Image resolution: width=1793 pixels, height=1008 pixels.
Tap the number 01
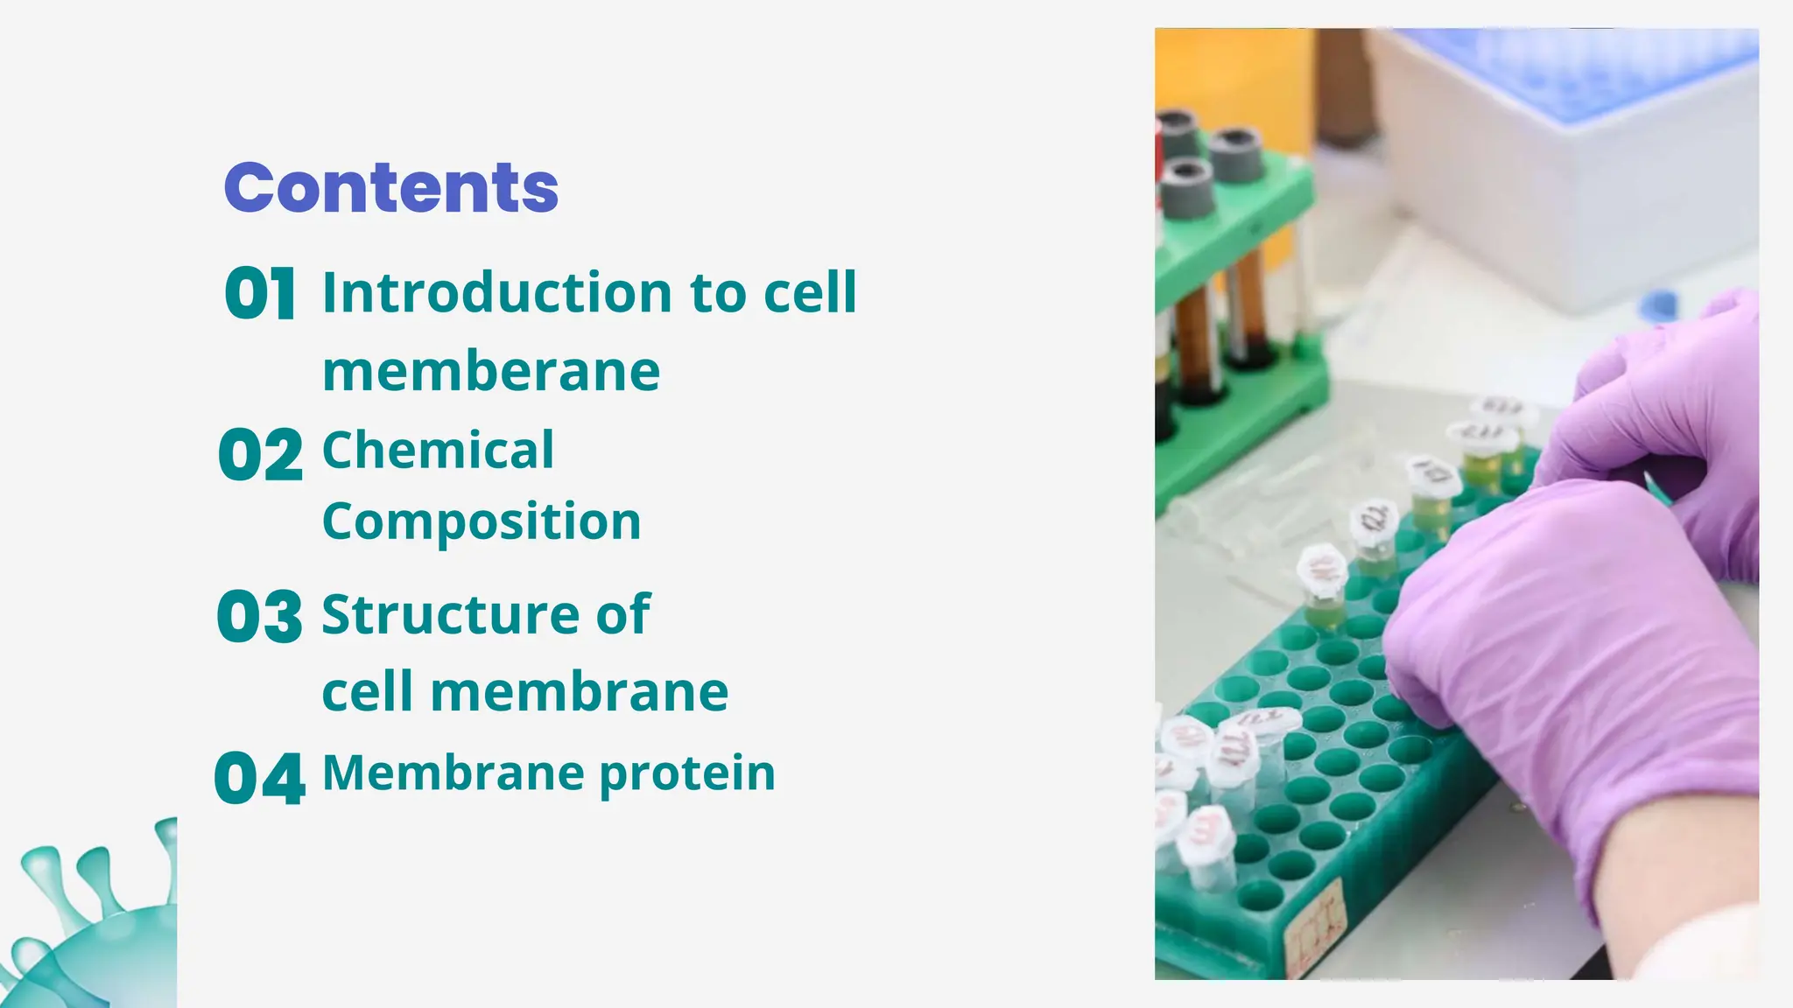point(260,293)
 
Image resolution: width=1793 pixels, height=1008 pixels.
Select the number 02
point(260,455)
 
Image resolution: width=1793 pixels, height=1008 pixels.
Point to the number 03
point(260,616)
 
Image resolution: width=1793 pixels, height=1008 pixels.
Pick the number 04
point(260,778)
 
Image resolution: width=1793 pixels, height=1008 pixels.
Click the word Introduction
point(496,292)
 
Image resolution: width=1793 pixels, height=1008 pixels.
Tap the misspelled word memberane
point(491,371)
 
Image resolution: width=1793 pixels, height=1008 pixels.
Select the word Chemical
point(438,451)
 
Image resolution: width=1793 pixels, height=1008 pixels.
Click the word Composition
point(482,522)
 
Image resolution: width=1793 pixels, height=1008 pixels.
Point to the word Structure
point(450,614)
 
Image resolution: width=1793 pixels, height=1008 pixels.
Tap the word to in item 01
point(719,292)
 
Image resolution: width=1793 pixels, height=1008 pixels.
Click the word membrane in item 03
point(579,692)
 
